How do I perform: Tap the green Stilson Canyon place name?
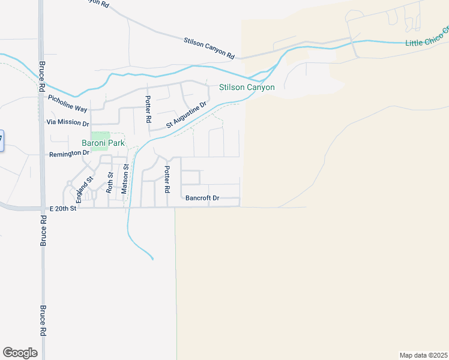coord(247,88)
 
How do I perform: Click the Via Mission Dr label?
coord(68,122)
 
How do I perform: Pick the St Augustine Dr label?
coord(186,115)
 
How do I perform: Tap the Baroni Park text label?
coord(103,143)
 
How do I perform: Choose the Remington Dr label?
coord(69,153)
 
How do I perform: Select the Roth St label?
coord(110,182)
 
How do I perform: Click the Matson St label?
coord(125,180)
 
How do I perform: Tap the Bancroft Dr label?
coord(202,197)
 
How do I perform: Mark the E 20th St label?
coord(63,208)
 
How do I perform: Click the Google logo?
coord(20,353)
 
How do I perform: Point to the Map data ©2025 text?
coord(423,355)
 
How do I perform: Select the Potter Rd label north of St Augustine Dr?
coord(148,109)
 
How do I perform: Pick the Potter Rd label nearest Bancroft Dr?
coord(167,179)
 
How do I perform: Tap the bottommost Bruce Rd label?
coord(43,321)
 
